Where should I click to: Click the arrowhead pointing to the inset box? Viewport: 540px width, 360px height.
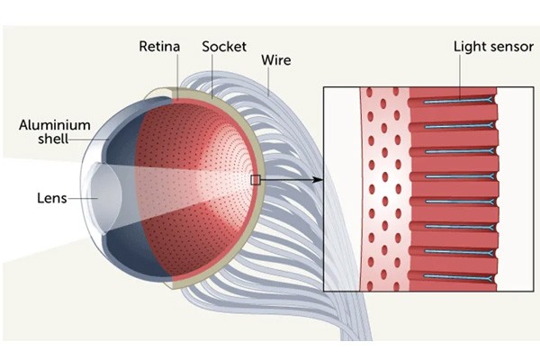pos(319,180)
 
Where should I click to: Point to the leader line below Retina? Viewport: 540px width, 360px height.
pos(175,72)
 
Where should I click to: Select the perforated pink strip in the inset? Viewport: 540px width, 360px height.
pos(383,189)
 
